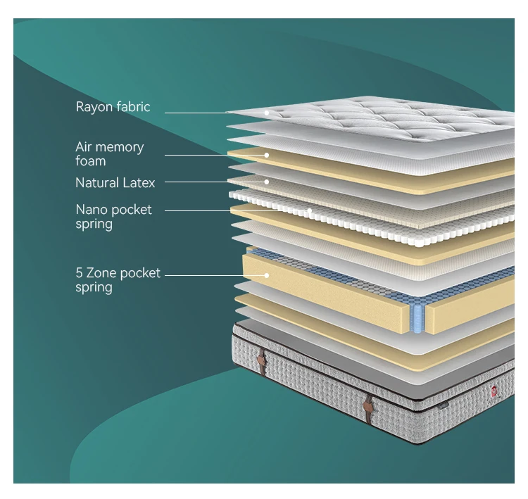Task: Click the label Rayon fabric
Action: click(113, 107)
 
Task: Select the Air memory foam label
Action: click(109, 153)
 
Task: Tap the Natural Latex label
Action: click(115, 183)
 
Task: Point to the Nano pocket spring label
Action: click(113, 217)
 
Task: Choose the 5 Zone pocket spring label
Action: click(118, 279)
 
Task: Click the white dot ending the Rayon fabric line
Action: click(268, 113)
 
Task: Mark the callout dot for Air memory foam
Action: click(268, 155)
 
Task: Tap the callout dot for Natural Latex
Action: click(268, 182)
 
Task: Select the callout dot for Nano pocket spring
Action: click(309, 210)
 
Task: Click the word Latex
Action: click(139, 183)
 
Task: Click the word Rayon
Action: click(94, 107)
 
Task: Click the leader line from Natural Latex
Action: click(211, 182)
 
